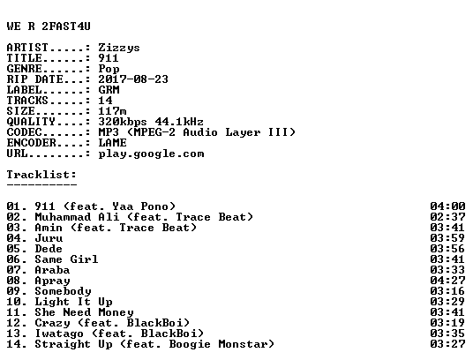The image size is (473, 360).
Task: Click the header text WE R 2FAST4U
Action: (x=49, y=26)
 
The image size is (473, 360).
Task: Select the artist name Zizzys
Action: (x=119, y=48)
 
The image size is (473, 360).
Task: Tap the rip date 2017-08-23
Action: (x=133, y=79)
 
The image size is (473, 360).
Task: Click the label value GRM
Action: (x=109, y=90)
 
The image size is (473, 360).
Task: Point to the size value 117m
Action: (x=112, y=111)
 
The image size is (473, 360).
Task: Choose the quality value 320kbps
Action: (x=123, y=122)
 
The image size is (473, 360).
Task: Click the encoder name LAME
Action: (x=113, y=143)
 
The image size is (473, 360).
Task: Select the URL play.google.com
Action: (x=151, y=154)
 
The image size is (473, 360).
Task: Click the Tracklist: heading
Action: (x=41, y=175)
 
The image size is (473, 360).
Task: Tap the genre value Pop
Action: (x=109, y=69)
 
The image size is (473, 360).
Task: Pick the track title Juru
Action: (x=49, y=238)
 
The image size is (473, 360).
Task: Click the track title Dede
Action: (x=49, y=249)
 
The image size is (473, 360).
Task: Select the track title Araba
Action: (x=52, y=270)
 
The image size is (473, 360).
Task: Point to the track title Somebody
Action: (x=63, y=291)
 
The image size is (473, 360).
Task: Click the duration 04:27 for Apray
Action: (x=447, y=281)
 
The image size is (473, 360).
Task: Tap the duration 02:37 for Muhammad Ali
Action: (x=447, y=217)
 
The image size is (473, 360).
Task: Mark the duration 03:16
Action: (x=447, y=291)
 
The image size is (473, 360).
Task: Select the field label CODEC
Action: (x=24, y=132)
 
